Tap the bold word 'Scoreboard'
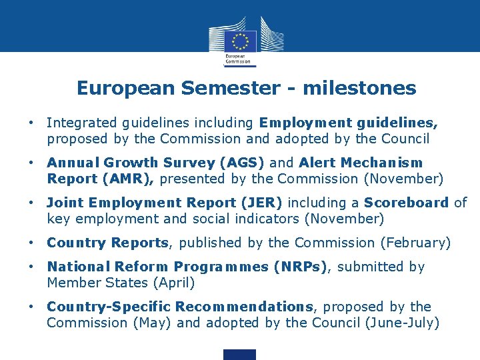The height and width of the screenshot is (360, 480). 409,203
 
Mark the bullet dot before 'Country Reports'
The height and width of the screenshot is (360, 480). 31,243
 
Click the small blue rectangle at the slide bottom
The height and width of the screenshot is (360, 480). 239,355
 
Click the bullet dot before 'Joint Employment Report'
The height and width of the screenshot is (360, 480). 31,203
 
